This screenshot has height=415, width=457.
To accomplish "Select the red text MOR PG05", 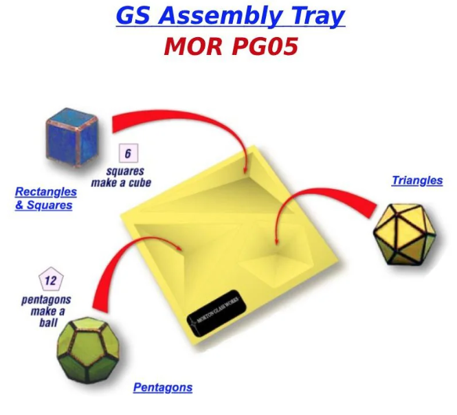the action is [231, 46].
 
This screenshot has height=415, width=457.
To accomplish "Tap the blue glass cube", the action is [72, 137].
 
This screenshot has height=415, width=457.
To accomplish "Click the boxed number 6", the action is [129, 153].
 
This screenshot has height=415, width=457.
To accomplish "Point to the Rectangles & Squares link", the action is [46, 199].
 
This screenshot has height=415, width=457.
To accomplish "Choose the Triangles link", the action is [417, 181].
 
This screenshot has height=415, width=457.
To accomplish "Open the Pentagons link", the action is [163, 388].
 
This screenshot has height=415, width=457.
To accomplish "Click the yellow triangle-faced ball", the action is [405, 234].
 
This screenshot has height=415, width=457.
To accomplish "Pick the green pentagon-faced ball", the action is [89, 350].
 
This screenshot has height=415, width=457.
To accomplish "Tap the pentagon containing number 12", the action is [51, 279].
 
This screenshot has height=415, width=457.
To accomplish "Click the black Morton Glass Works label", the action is [216, 313].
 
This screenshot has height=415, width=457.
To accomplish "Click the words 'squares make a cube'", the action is [121, 177].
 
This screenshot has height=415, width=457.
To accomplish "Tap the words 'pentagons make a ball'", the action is [47, 311].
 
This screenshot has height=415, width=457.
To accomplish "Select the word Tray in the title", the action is [318, 16].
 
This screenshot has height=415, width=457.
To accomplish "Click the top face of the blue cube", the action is [72, 117].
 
